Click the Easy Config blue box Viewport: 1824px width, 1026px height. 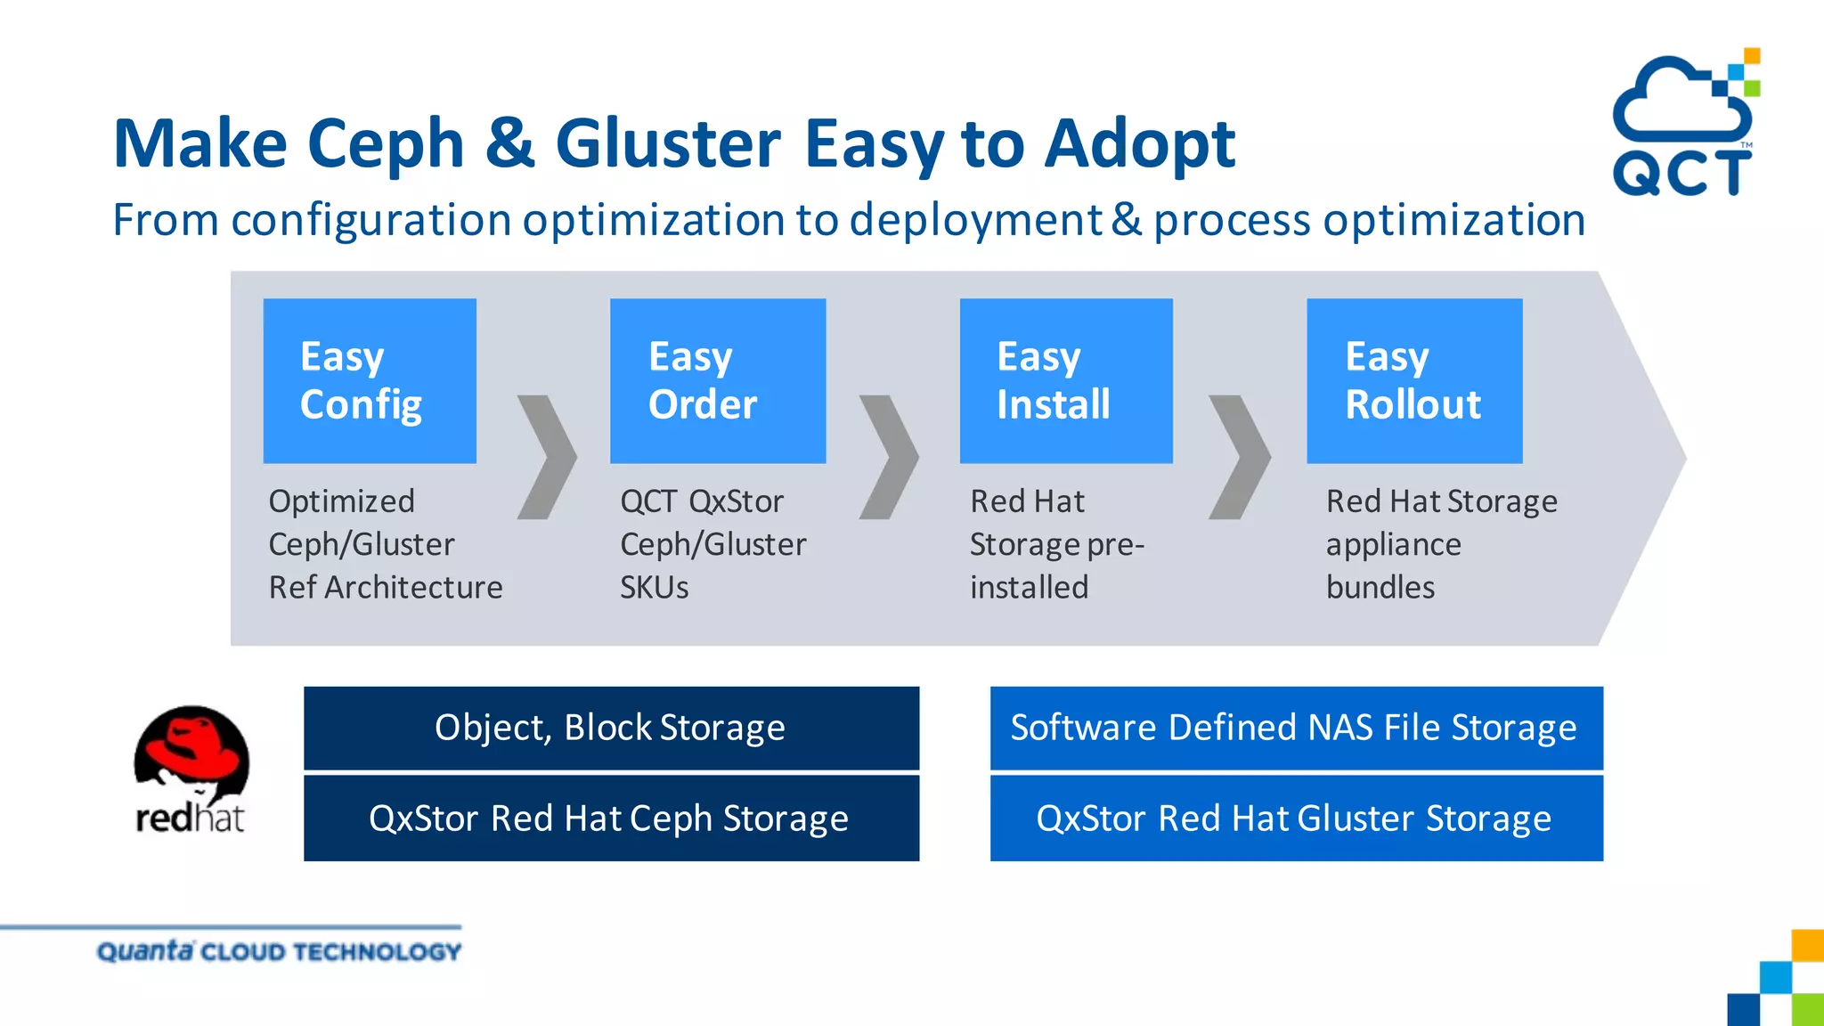pyautogui.click(x=370, y=380)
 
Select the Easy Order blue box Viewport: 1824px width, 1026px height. pyautogui.click(x=718, y=380)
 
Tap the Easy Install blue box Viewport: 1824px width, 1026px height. pyautogui.click(x=1066, y=380)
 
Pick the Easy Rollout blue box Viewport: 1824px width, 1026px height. pyautogui.click(x=1414, y=380)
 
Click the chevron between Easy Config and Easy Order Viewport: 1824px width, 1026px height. pyautogui.click(x=547, y=457)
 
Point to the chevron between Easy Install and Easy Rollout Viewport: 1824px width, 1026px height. pyautogui.click(x=1240, y=457)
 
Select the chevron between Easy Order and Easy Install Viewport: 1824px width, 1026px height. pyautogui.click(x=889, y=457)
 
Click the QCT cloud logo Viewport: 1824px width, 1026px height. pyautogui.click(x=1683, y=125)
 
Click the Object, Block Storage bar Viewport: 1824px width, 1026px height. pyautogui.click(x=611, y=728)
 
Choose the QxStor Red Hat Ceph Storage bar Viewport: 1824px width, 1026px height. pyautogui.click(x=611, y=818)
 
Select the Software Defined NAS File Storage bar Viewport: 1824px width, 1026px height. pyautogui.click(x=1296, y=728)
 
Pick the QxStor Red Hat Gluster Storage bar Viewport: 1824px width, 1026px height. pyautogui.click(x=1296, y=818)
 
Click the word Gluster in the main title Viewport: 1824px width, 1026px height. pyautogui.click(x=668, y=143)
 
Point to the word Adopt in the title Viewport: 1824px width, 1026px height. pyautogui.click(x=1140, y=143)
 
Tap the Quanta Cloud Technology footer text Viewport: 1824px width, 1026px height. pyautogui.click(x=279, y=951)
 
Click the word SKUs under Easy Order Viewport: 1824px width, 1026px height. pyautogui.click(x=655, y=588)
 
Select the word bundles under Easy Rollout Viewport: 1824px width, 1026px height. pyautogui.click(x=1380, y=588)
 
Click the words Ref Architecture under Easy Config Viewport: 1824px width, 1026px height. pyautogui.click(x=386, y=588)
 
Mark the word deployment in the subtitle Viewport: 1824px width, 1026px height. pyautogui.click(x=975, y=220)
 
